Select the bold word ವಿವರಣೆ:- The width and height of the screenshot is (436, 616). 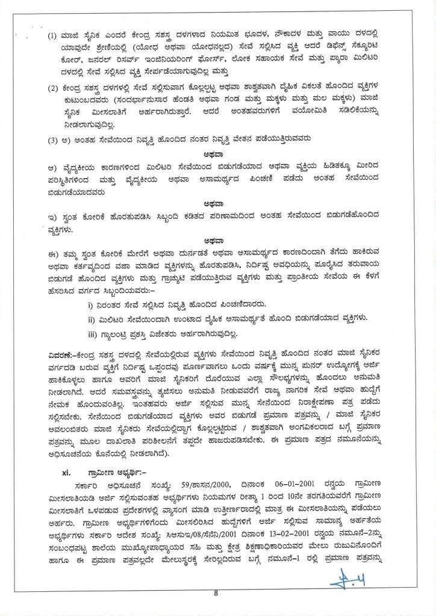(62, 350)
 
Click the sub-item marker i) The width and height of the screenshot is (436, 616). (91, 305)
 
